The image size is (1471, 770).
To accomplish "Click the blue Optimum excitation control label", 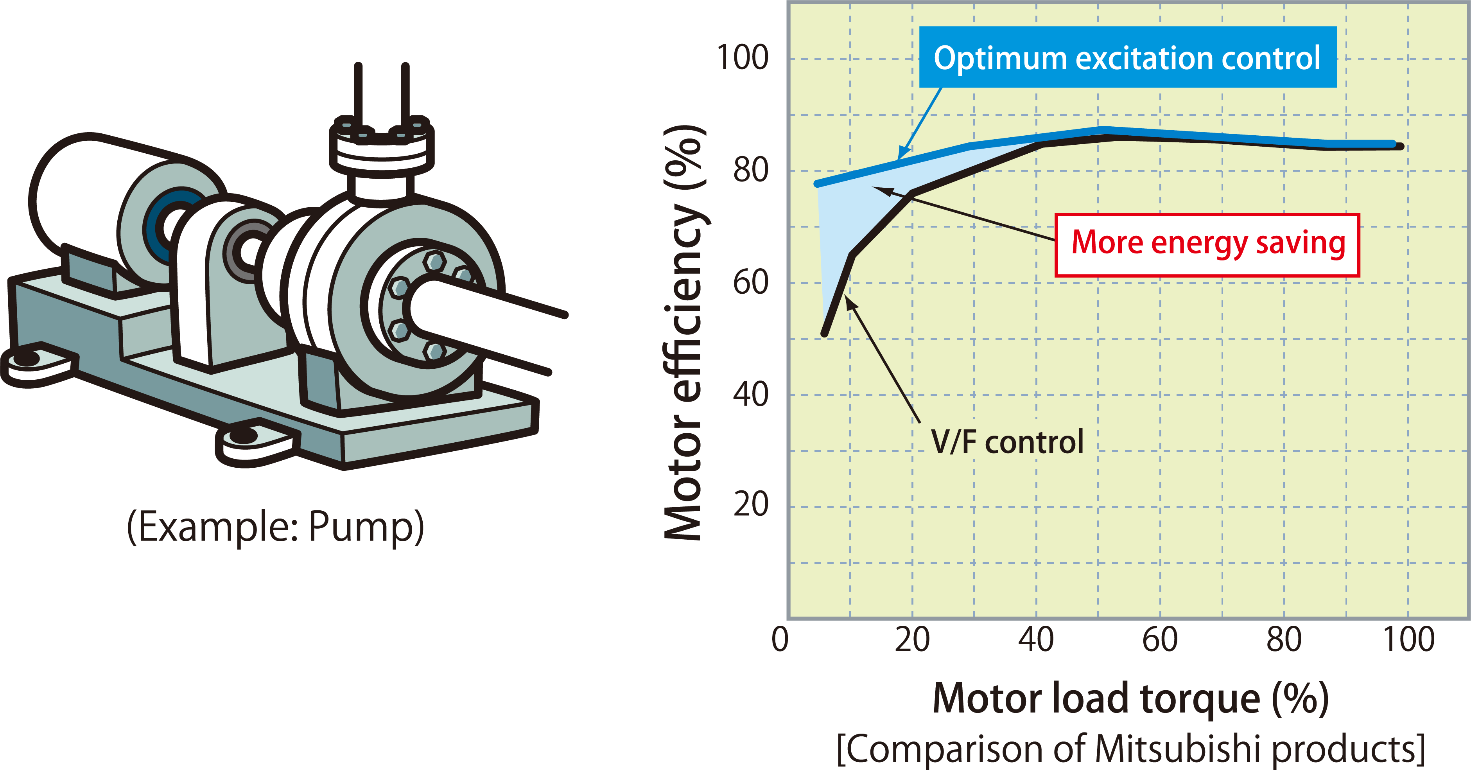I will tap(1127, 57).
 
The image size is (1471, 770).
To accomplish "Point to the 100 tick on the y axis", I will tap(743, 58).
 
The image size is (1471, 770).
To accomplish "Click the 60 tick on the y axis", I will tap(750, 282).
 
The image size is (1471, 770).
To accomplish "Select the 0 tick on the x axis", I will tap(780, 639).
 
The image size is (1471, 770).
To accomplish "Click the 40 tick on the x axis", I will tap(1036, 639).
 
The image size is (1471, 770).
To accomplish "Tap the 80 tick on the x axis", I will tap(1284, 639).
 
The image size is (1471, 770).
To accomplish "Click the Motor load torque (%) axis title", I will tap(1131, 698).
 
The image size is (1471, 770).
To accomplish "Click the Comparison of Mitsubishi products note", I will tap(1131, 748).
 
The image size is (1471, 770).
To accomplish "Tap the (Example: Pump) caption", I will tap(275, 527).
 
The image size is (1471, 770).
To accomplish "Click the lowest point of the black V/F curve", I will tap(824, 334).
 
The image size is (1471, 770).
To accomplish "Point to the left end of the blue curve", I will tap(818, 183).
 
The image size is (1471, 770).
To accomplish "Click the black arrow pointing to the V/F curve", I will tap(882, 360).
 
